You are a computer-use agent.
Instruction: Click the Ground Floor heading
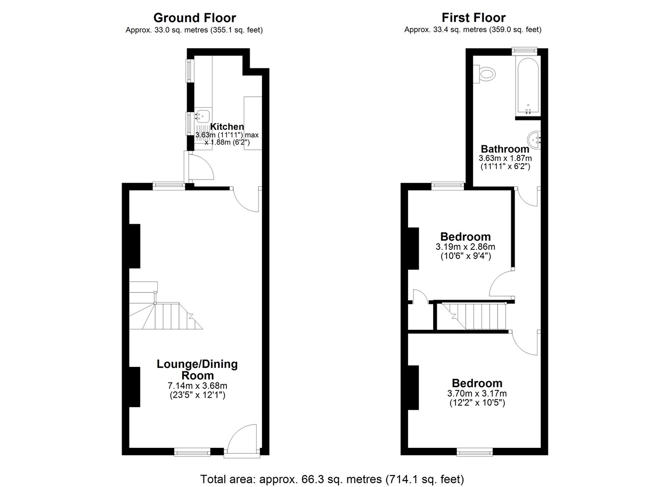[x=195, y=18]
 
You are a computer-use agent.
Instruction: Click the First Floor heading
[x=473, y=18]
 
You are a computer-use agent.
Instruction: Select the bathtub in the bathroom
[x=528, y=85]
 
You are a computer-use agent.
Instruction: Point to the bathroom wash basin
[x=535, y=139]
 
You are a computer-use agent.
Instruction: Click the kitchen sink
[x=203, y=116]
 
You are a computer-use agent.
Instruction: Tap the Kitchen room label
[x=227, y=126]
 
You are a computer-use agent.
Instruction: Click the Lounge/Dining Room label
[x=198, y=369]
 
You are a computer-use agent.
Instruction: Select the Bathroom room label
[x=505, y=149]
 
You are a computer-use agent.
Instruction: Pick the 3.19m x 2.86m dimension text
[x=466, y=247]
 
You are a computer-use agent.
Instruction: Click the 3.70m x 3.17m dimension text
[x=477, y=393]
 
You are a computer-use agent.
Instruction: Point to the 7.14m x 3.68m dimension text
[x=198, y=386]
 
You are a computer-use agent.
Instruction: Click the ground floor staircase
[x=166, y=305]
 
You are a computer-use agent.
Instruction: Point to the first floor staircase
[x=474, y=316]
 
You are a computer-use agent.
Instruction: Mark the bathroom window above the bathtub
[x=524, y=51]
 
